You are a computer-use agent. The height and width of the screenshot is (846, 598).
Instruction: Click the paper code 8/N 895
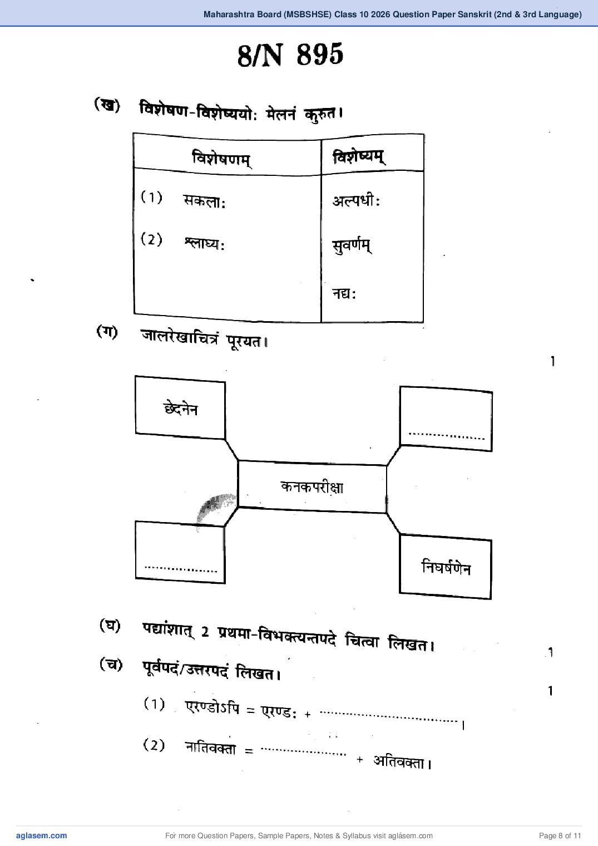290,55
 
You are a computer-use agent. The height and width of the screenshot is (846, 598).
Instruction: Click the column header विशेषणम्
221,158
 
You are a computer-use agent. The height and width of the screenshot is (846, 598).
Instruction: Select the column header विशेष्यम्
359,157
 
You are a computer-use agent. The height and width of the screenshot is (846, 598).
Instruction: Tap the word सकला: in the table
204,201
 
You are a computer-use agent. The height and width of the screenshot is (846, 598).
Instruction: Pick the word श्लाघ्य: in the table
204,244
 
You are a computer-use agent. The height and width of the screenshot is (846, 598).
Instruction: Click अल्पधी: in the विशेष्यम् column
356,200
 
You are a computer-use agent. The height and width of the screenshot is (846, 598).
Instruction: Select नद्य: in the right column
344,293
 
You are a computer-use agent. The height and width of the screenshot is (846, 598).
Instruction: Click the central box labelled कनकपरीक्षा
312,486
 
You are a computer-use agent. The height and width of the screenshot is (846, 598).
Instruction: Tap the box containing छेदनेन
180,407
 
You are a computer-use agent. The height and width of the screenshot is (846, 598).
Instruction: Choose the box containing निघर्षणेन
446,567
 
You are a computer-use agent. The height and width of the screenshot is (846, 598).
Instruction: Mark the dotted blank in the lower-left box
180,569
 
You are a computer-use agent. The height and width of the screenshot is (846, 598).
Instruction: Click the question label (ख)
107,105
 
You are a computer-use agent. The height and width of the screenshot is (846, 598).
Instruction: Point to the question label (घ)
110,626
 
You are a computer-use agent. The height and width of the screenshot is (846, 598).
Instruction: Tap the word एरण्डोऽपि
212,707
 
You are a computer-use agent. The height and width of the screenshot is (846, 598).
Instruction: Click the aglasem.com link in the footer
42,835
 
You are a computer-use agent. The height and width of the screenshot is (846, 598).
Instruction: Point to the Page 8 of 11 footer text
560,835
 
